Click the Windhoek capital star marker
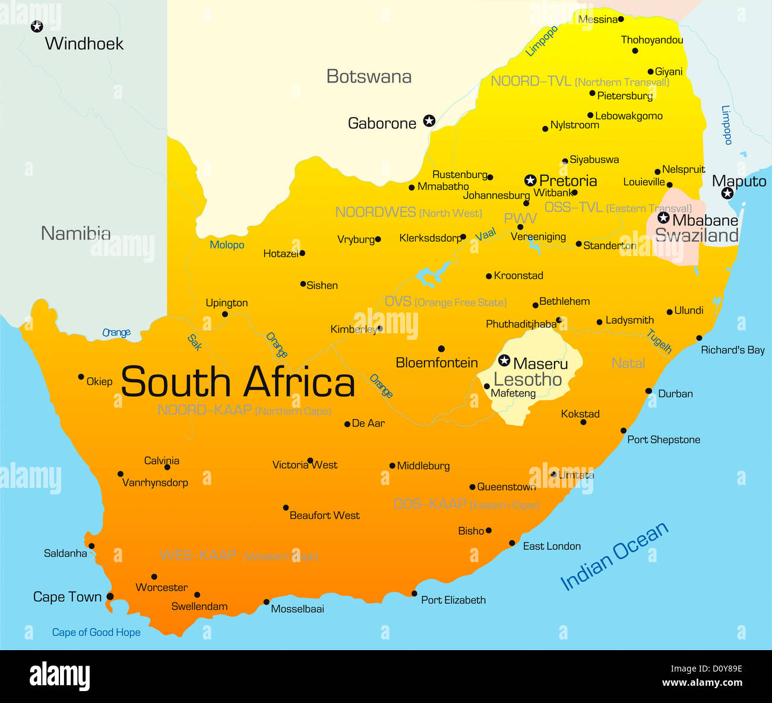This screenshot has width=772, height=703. [37, 26]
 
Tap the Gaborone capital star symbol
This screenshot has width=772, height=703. [429, 121]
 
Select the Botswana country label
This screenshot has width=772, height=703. [369, 77]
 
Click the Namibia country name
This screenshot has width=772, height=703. [75, 234]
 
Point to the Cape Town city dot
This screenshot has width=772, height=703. [110, 597]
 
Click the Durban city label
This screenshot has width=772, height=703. [675, 393]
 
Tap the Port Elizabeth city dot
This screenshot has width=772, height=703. [415, 594]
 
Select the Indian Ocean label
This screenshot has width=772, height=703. [614, 556]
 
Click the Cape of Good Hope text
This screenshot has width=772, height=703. [96, 632]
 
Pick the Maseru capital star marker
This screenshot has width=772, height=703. [504, 360]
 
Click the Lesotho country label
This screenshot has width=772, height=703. [527, 380]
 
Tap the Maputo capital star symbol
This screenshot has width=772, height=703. [727, 193]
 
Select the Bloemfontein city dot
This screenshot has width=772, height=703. [441, 349]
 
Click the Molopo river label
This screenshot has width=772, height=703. [227, 245]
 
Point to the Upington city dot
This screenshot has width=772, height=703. [225, 314]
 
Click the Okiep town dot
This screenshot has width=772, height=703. [81, 377]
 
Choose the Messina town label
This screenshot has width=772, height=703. [597, 20]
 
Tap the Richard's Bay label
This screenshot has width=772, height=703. [732, 350]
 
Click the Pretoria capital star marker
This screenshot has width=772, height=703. [530, 180]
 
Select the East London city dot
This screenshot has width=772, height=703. [512, 543]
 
